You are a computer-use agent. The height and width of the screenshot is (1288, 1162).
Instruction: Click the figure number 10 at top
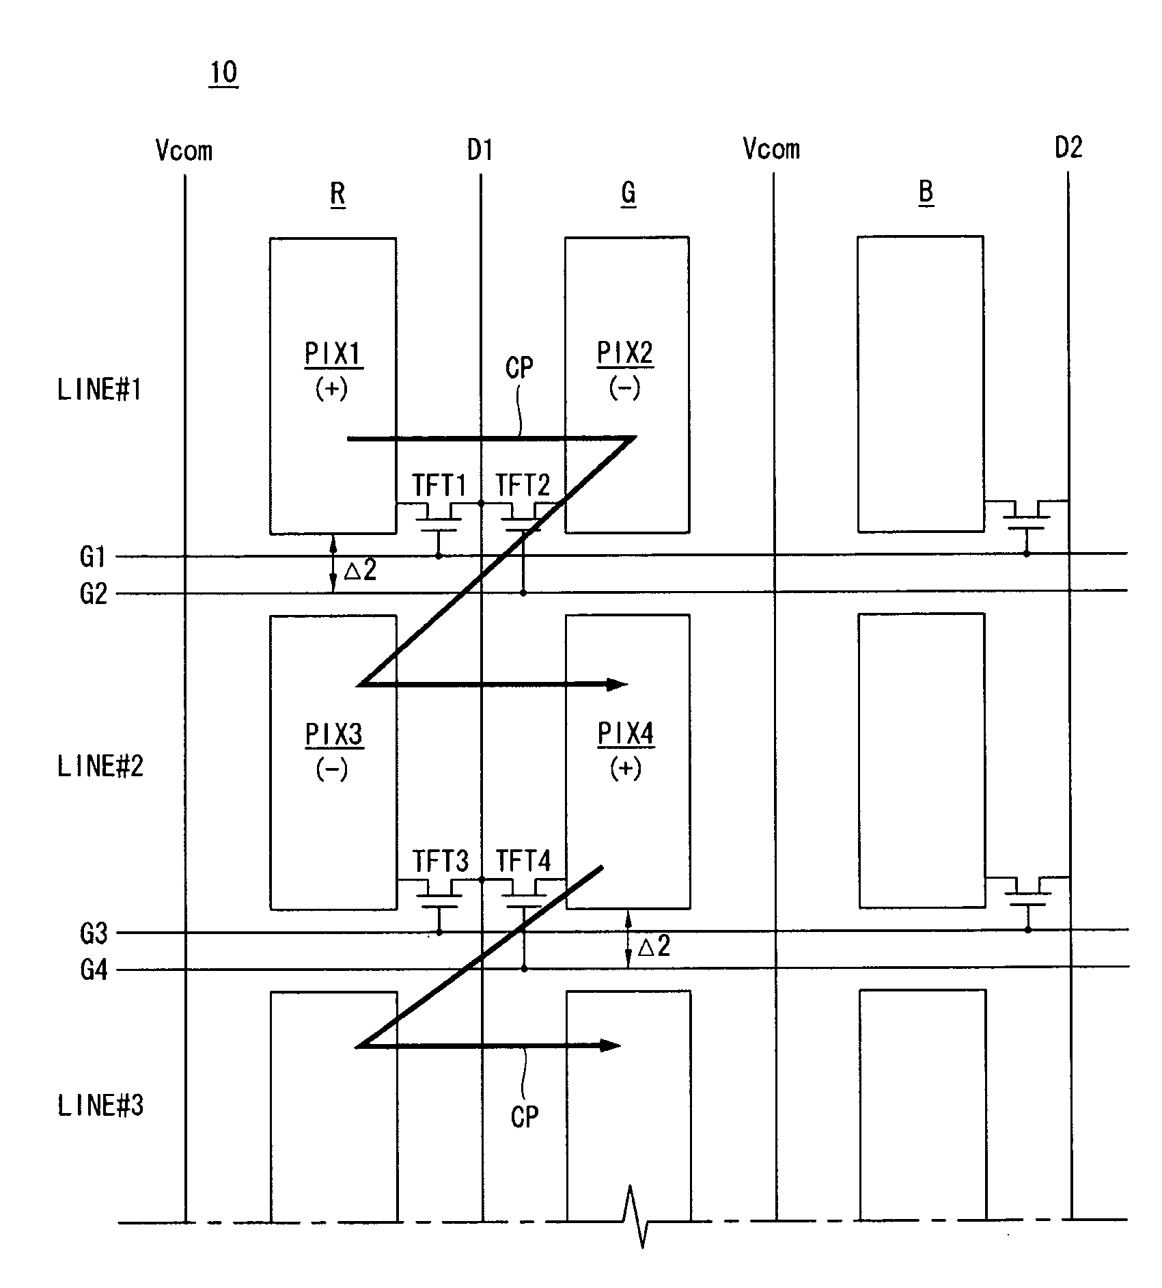point(223,72)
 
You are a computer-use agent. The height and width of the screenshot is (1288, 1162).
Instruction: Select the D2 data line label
point(1068,148)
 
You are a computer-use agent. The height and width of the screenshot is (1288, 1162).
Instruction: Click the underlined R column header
point(337,194)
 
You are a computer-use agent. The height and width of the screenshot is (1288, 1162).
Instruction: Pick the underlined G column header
point(628,193)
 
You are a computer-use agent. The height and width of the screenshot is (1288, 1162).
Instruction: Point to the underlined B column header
point(926,192)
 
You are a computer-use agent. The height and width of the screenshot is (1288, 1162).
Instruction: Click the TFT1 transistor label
point(439,486)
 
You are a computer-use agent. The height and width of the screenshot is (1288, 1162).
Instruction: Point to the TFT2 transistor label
point(523,486)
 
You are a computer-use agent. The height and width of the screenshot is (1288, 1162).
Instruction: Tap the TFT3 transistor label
point(441,862)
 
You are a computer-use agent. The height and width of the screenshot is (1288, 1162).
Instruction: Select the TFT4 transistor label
point(523,862)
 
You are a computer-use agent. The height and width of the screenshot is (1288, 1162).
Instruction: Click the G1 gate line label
point(94,557)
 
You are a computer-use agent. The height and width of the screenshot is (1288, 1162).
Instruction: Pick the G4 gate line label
point(94,970)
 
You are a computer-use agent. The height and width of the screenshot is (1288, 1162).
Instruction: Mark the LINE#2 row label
point(100,767)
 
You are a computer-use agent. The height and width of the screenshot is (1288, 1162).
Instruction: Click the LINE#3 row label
point(100,1106)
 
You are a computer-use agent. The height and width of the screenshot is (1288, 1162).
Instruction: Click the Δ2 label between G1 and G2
point(360,570)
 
